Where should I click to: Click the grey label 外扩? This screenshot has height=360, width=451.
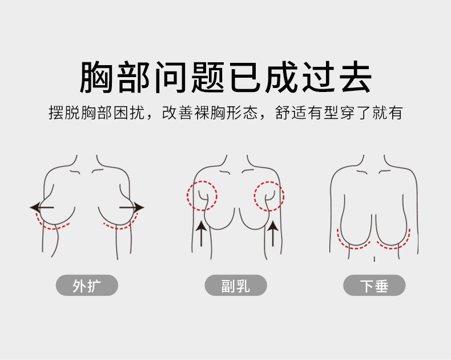click(87, 286)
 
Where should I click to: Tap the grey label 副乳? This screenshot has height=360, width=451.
click(236, 286)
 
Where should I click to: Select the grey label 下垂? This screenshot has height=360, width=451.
click(374, 286)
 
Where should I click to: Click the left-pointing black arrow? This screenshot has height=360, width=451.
click(42, 207)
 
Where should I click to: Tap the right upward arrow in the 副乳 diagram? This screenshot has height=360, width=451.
click(273, 233)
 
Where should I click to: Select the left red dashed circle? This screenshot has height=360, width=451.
click(203, 195)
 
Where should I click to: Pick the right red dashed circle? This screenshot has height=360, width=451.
click(269, 195)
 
